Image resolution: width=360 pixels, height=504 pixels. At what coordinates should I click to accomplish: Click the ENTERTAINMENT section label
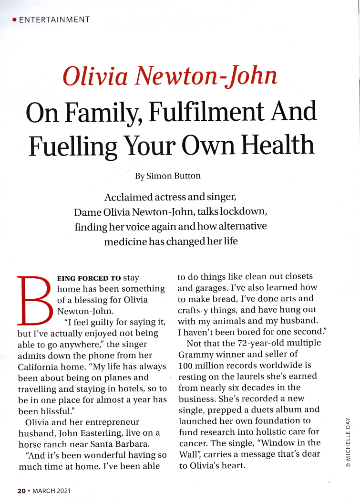pyautogui.click(x=54, y=20)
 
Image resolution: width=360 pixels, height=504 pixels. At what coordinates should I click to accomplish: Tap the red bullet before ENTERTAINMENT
pyautogui.click(x=14, y=20)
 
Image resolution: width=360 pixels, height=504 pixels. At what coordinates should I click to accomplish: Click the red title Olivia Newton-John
pyautogui.click(x=169, y=76)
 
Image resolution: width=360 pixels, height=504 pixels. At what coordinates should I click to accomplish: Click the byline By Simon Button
pyautogui.click(x=167, y=176)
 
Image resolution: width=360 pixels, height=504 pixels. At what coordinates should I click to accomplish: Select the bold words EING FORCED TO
pyautogui.click(x=89, y=278)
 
